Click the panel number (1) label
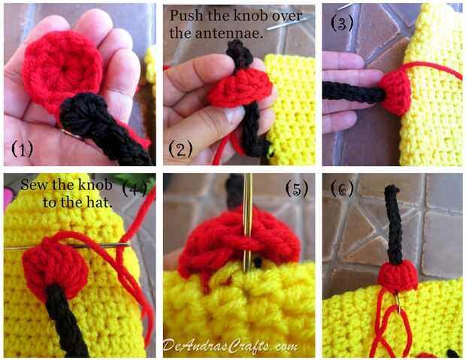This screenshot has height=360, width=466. [x=23, y=149]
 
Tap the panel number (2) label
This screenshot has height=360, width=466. [x=180, y=149]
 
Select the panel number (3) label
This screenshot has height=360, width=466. [x=342, y=23]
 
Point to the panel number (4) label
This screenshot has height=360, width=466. [x=135, y=189]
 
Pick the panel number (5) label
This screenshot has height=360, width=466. [x=297, y=189]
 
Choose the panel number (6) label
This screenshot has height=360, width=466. [x=342, y=189]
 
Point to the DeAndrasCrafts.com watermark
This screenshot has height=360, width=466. [x=230, y=346]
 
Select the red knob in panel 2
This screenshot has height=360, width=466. [x=240, y=87]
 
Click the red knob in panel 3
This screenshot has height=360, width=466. [x=395, y=93]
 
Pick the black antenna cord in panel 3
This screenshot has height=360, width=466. [x=354, y=92]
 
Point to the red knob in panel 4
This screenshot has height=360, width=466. [x=56, y=268]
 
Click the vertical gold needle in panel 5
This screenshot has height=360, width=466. [x=247, y=223]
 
